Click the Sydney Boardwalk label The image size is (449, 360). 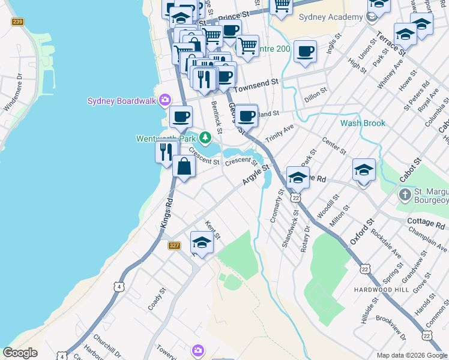coord(122,101)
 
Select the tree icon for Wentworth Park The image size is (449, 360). coord(205,138)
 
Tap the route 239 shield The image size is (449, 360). coord(17,22)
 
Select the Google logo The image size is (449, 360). coord(20,353)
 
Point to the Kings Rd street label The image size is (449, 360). coord(166,213)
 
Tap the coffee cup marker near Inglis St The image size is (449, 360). coord(305,52)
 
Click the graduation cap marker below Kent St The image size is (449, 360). coord(202,243)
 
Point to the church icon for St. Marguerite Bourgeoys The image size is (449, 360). coord(406,194)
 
